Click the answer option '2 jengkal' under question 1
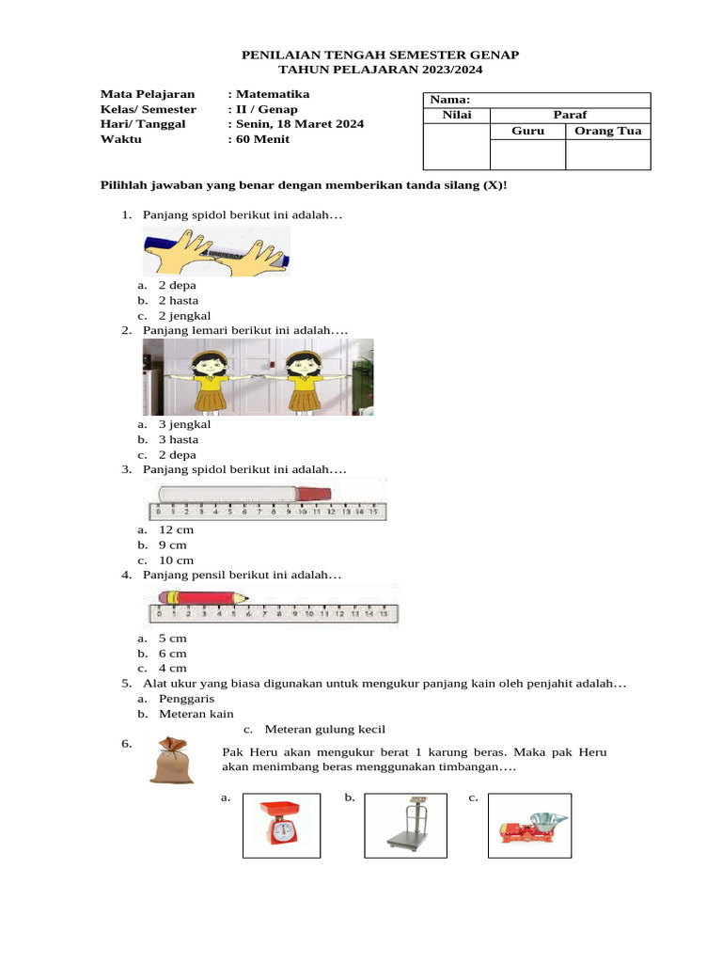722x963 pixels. (183, 316)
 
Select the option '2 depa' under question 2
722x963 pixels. (178, 454)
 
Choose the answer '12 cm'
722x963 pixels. (176, 530)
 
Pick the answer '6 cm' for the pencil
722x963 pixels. (172, 653)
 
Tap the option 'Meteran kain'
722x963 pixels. (196, 714)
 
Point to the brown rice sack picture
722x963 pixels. (172, 761)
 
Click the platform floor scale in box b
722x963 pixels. (404, 825)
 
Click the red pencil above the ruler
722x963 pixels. (202, 597)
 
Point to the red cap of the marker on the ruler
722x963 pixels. (314, 493)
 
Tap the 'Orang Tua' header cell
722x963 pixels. (607, 131)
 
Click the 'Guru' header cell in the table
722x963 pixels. (527, 131)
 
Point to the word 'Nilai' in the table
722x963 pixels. (457, 115)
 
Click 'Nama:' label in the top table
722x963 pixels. (451, 100)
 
